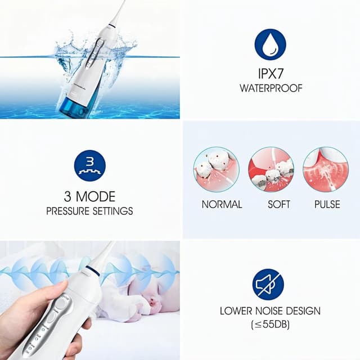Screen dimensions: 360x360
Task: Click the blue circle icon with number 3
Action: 89,164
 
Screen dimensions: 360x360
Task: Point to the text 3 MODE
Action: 89,197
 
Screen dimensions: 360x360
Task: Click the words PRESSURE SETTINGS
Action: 89,211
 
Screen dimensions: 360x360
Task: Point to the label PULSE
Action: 327,204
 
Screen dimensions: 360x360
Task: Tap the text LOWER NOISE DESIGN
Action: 271,311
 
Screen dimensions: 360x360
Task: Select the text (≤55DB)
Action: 271,325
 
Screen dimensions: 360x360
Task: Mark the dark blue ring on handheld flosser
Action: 92,272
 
